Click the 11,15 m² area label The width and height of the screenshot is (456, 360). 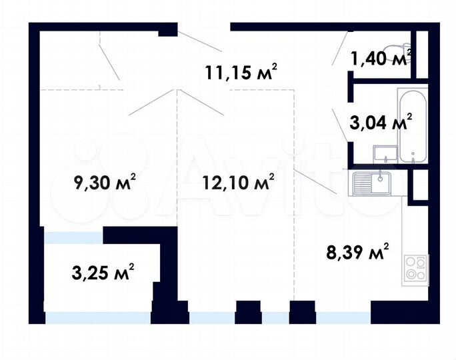(x=241, y=71)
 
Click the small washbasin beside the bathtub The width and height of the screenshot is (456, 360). (x=383, y=155)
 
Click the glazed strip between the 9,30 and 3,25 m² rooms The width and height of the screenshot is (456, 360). (x=73, y=237)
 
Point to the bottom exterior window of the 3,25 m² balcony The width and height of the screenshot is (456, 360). (x=98, y=318)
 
